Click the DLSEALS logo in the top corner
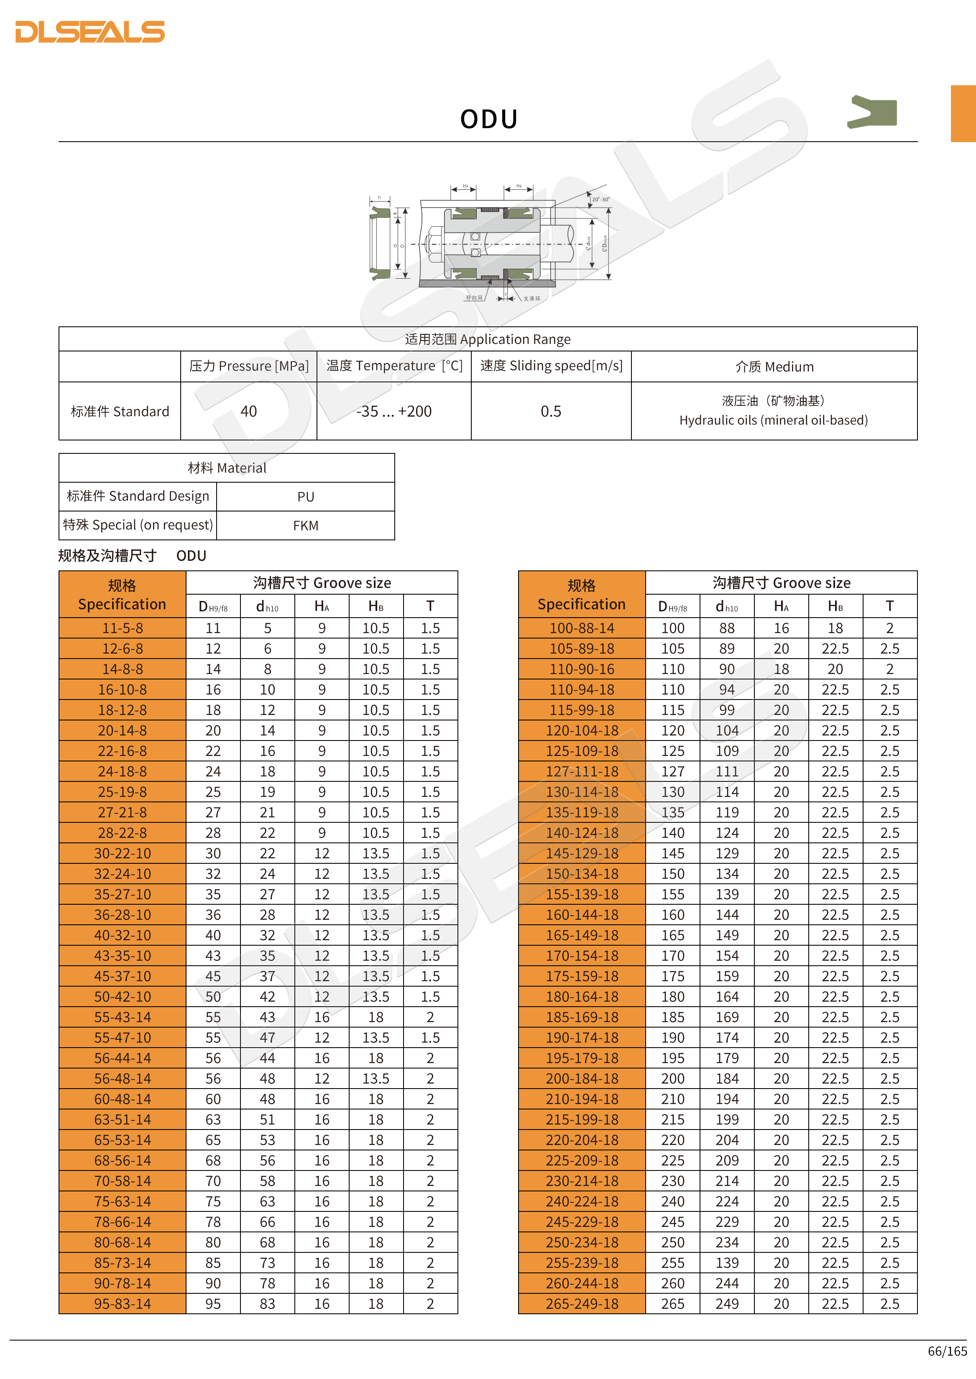tap(89, 32)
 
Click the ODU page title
tap(488, 119)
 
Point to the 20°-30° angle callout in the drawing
tap(600, 199)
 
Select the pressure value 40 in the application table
tap(248, 412)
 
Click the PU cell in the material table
tap(305, 497)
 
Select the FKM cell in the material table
tap(305, 526)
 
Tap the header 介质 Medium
tap(774, 366)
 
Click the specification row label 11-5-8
tap(123, 628)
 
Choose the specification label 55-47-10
tap(123, 1038)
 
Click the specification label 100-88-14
tap(582, 628)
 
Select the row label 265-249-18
tap(582, 1304)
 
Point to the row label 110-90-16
tap(582, 669)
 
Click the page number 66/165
tap(947, 1351)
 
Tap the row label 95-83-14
tap(123, 1304)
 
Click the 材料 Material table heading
tap(227, 468)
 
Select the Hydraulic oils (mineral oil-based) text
tap(774, 420)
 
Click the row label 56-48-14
tap(123, 1079)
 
